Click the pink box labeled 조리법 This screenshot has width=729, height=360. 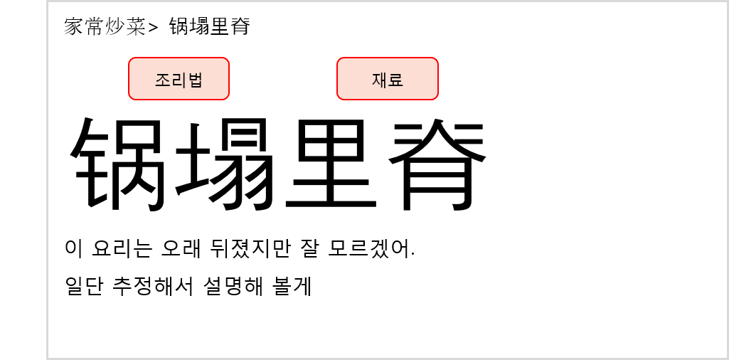coord(179,78)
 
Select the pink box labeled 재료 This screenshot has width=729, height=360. coord(388,78)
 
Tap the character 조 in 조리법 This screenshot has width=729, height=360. coord(163,80)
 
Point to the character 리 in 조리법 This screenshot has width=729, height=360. coord(179,80)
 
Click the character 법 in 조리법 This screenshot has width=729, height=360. coord(195,80)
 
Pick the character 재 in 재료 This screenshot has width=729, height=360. coord(380,80)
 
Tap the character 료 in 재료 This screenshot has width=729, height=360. coord(395,80)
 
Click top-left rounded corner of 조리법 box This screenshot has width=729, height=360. coord(131,60)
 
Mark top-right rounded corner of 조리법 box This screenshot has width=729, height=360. coord(227,60)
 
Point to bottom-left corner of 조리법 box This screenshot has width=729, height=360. coord(131,97)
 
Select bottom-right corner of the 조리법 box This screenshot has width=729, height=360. coord(227,97)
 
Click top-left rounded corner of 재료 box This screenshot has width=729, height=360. coord(339,60)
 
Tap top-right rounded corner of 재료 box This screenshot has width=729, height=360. coord(436,60)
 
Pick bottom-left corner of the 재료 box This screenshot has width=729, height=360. coord(339,97)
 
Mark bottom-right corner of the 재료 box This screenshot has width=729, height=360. coord(436,97)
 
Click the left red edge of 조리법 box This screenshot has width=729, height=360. coord(129,78)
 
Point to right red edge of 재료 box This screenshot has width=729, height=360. coord(438,78)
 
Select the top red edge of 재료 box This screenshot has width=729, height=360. coord(388,58)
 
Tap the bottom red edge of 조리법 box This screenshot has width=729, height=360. coord(179,100)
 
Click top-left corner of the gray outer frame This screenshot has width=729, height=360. coord(48,2)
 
